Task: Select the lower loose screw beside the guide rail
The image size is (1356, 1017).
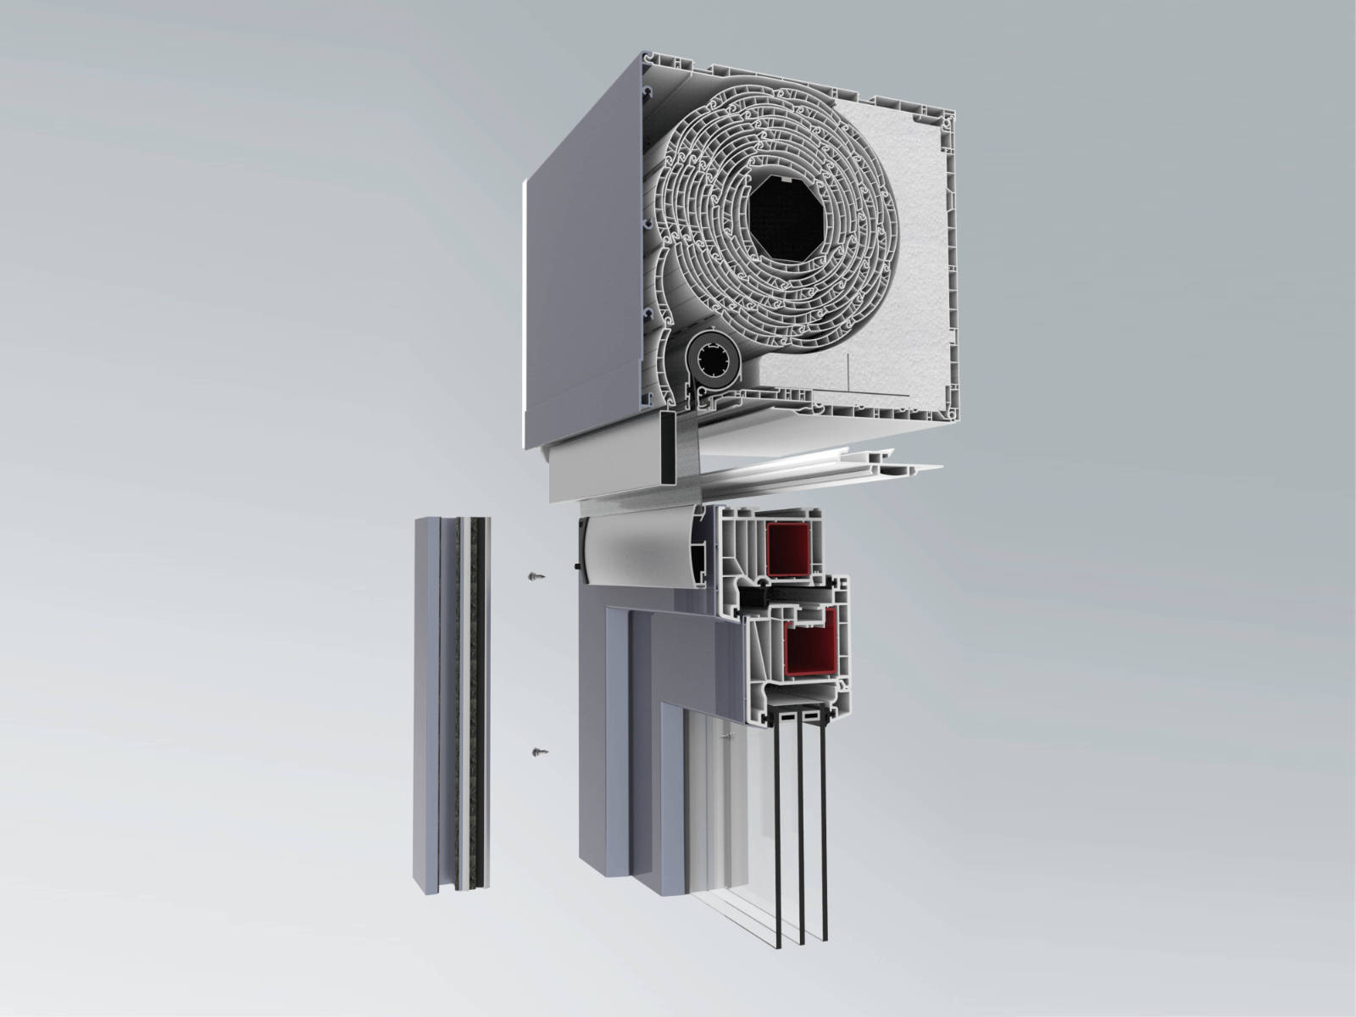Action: point(537,751)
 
